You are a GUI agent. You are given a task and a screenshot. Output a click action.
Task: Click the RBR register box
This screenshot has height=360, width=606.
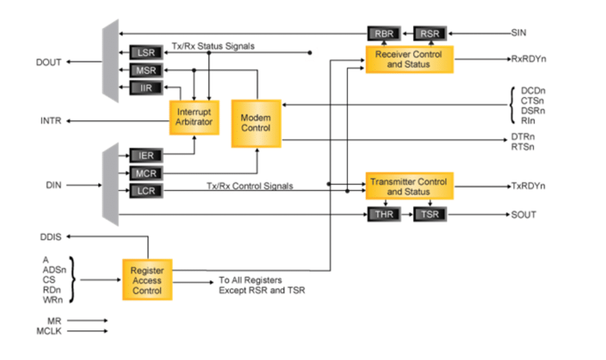[x=384, y=33]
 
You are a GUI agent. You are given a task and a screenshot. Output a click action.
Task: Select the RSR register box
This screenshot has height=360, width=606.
[x=430, y=33]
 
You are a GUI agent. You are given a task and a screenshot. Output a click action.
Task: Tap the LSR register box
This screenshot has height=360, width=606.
[x=146, y=52]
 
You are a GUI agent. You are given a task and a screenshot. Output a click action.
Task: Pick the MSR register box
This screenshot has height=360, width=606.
[x=146, y=71]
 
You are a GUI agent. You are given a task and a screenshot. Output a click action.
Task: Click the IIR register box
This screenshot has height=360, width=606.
[x=146, y=89]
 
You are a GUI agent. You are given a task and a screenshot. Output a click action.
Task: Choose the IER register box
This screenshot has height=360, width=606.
[x=146, y=156]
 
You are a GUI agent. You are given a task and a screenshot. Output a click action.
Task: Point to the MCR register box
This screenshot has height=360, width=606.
[x=146, y=173]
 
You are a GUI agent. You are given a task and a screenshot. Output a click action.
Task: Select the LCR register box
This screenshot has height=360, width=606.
[x=146, y=191]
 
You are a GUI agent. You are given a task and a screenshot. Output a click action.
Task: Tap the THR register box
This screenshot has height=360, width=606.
[x=384, y=215]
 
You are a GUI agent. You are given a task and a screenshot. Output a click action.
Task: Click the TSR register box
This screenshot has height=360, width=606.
[x=430, y=215]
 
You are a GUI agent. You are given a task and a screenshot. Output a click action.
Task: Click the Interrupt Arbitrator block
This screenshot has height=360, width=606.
[x=194, y=117]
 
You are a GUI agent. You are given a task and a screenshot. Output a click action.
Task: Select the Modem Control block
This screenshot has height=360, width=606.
[x=256, y=123]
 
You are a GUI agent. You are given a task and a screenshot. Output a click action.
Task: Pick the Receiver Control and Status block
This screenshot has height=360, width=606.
[x=409, y=59]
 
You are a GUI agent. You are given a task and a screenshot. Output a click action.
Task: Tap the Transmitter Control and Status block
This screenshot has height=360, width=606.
[x=409, y=187]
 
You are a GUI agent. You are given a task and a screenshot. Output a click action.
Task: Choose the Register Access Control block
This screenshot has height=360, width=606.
[x=147, y=280]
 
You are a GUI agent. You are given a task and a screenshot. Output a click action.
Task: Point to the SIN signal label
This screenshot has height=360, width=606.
[x=519, y=33]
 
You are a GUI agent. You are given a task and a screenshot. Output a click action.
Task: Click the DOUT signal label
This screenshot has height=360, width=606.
[x=49, y=62]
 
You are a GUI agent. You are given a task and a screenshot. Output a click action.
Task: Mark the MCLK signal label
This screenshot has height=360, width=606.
[x=49, y=331]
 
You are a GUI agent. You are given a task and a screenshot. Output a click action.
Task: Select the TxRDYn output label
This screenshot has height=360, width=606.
[x=528, y=186]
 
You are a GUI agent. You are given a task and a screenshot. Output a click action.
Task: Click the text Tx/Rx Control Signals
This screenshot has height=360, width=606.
[x=250, y=186]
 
